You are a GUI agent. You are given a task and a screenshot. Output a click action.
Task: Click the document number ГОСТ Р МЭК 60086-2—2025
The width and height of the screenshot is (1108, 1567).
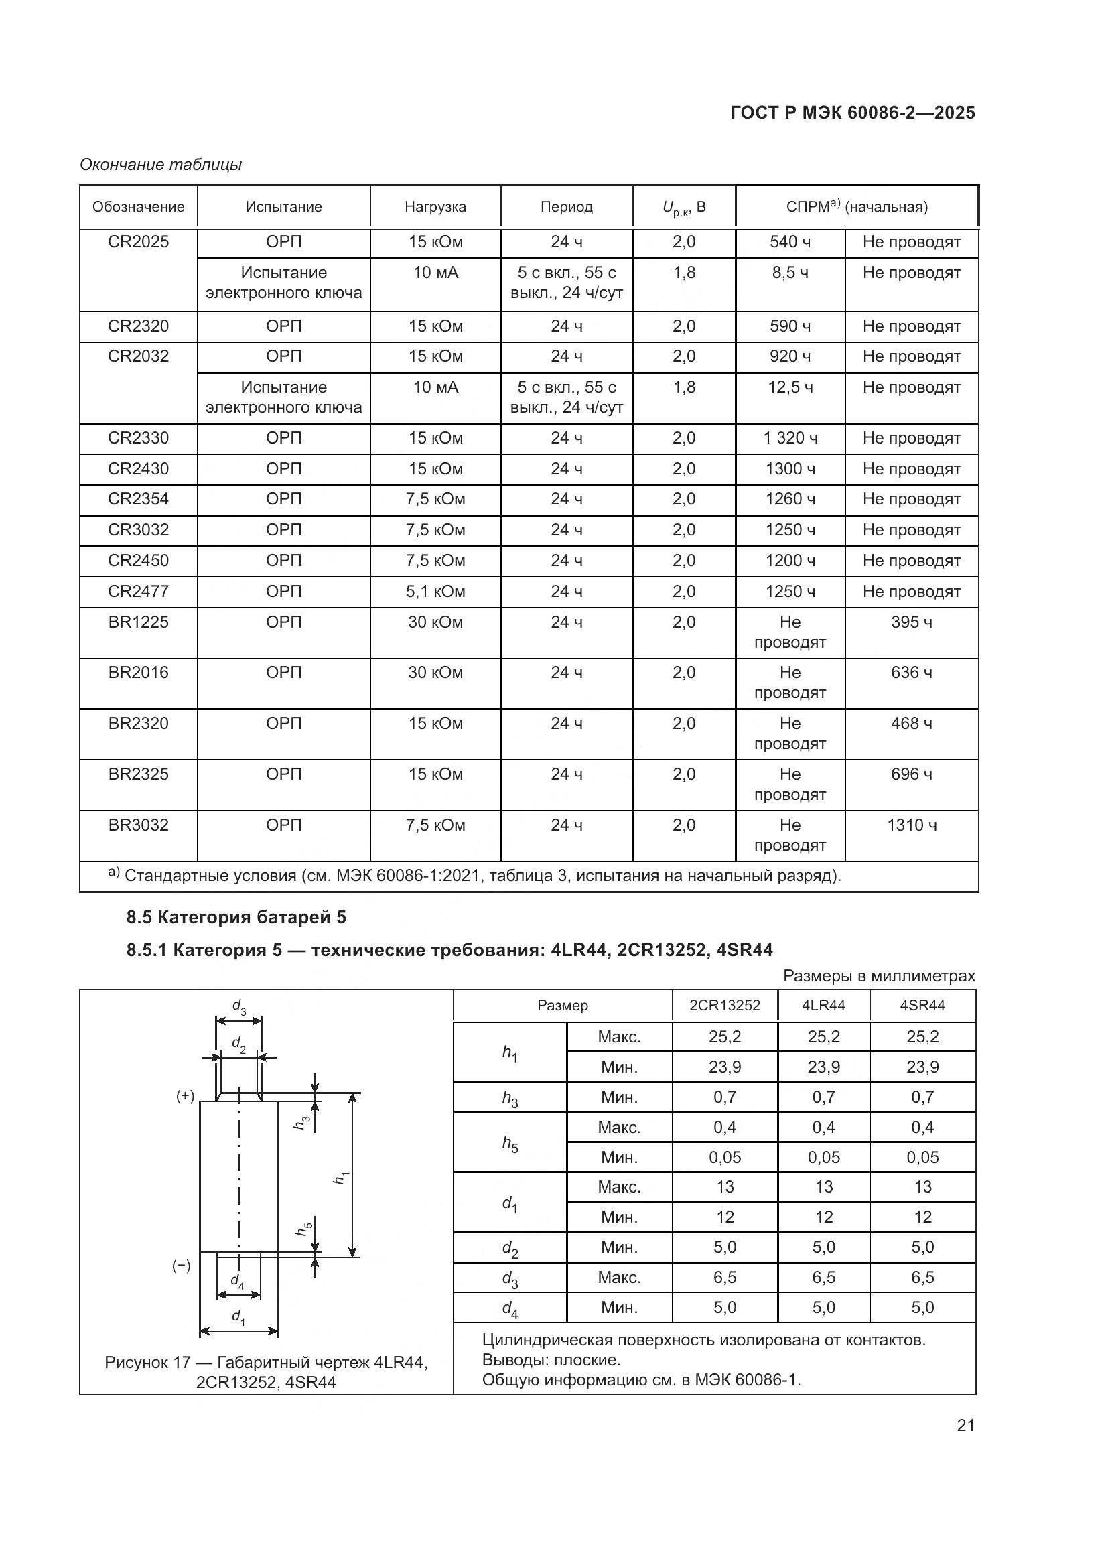coord(852,113)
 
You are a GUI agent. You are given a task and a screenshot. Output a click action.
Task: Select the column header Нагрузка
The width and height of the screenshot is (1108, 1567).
coord(435,207)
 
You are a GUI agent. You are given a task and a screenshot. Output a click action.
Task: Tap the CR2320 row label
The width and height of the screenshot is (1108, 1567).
coord(138,326)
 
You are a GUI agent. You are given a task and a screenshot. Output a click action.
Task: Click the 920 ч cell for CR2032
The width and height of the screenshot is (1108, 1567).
coord(790,356)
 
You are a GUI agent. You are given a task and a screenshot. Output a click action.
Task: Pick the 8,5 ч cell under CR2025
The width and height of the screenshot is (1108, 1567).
coord(790,273)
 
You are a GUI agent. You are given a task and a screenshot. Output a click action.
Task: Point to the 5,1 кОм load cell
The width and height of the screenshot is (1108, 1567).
coord(435,591)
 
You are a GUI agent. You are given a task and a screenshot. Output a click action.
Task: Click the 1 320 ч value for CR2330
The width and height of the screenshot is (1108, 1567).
coord(790,438)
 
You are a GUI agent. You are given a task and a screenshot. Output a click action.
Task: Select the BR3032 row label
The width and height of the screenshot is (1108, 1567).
coord(138,825)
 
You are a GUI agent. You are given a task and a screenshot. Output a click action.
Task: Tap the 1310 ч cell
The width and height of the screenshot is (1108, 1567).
coord(912,825)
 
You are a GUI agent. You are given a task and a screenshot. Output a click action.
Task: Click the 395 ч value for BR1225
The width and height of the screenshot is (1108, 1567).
coord(912,622)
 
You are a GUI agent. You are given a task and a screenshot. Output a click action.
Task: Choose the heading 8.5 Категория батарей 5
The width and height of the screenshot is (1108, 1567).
coord(236,917)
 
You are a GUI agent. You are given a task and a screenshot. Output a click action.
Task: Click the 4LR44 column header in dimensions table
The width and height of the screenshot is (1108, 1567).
coord(823,1006)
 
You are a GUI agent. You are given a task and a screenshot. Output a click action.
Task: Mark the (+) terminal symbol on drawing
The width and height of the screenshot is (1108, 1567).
coord(186,1097)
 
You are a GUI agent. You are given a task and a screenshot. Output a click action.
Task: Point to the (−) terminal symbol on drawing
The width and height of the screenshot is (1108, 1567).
coord(182,1266)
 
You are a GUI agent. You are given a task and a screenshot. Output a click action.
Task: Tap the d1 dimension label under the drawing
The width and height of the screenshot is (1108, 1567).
coord(238,1316)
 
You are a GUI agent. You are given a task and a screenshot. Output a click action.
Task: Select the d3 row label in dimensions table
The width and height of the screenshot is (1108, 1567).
coord(510,1278)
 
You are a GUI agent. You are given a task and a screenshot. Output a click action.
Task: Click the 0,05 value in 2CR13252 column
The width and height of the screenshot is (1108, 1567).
coord(725,1158)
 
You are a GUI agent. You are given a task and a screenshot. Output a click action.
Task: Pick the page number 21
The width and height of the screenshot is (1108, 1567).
coord(965,1425)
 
